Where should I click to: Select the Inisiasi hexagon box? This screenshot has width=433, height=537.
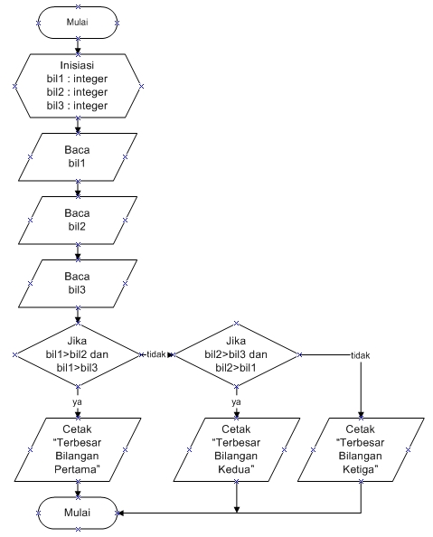point(78,85)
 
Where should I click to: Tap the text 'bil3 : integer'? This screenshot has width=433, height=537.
point(78,106)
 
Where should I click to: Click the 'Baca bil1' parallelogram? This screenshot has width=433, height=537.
point(78,156)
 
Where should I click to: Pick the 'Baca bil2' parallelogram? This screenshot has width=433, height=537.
point(78,220)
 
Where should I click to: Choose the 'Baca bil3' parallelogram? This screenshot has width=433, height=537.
point(78,283)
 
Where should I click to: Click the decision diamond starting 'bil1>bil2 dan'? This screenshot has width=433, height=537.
point(78,354)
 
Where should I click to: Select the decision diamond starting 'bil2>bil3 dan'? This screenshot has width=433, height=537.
point(237,354)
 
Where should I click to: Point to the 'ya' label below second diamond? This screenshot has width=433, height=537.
point(237,401)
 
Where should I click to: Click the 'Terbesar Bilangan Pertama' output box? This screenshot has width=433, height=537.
point(78,448)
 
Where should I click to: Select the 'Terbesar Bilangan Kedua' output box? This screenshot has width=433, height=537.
point(237,448)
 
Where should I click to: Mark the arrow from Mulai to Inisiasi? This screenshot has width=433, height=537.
point(78,45)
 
